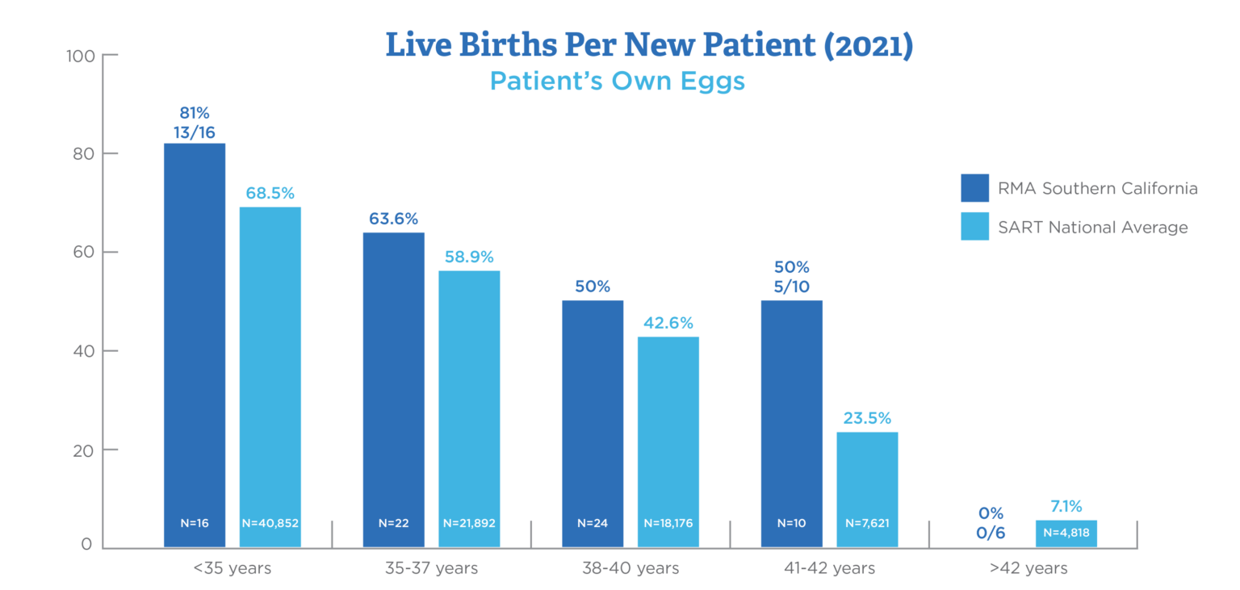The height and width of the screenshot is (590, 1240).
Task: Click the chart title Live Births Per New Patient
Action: tap(649, 46)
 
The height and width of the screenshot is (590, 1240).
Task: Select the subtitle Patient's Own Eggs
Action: tap(618, 82)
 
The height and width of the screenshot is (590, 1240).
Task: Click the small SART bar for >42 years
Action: tap(1066, 533)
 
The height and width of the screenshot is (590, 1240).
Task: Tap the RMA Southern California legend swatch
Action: tap(974, 188)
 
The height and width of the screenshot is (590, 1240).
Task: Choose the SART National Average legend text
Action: tap(1093, 228)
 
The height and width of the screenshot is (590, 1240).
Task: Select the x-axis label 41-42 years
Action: tap(830, 568)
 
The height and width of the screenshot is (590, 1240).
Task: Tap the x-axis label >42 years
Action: tap(1028, 568)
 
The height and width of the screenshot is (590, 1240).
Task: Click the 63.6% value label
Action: tap(393, 219)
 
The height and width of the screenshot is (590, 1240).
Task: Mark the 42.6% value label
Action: tap(668, 323)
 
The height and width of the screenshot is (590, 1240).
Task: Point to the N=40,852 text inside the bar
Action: tap(270, 523)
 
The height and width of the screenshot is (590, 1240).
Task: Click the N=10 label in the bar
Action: tap(791, 523)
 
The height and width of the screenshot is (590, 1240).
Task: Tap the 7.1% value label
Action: tap(1066, 505)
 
